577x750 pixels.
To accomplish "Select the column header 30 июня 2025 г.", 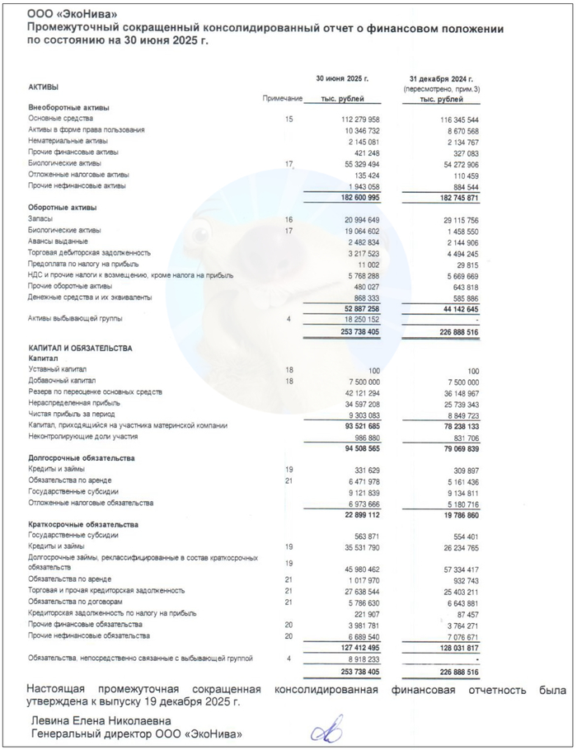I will [x=342, y=77].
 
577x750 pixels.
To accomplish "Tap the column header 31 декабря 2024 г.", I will [x=437, y=77].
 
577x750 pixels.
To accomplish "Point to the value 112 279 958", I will [x=350, y=120].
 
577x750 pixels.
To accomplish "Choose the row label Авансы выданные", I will [x=59, y=241].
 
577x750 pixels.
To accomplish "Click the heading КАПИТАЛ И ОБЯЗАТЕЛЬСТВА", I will [x=80, y=348].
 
